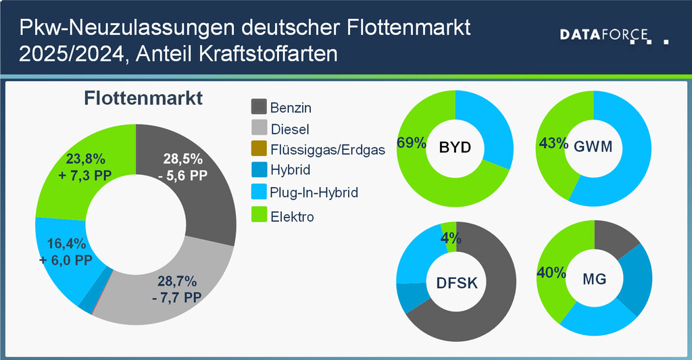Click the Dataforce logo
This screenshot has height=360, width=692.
click(x=614, y=35)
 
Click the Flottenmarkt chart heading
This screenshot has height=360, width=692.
click(x=143, y=99)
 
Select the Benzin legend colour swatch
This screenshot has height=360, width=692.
click(x=259, y=107)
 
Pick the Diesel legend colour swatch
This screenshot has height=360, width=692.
click(x=259, y=128)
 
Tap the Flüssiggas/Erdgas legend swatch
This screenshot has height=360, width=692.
click(x=259, y=150)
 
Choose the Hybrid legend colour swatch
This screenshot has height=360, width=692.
click(x=259, y=171)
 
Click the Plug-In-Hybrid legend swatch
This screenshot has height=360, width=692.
click(x=259, y=193)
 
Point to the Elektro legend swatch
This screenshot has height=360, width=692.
click(x=259, y=215)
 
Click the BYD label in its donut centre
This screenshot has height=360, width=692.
click(x=454, y=148)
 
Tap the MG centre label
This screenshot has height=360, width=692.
click(x=594, y=279)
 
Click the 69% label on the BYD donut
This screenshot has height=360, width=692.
click(x=411, y=143)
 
